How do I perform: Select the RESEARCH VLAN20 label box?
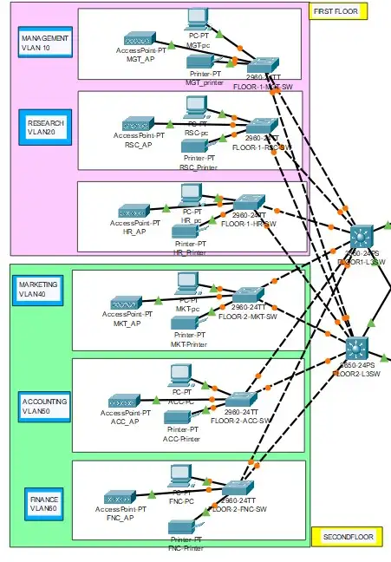[45, 128]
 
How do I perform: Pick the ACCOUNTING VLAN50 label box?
[44, 407]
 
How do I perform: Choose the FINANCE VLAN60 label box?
[44, 505]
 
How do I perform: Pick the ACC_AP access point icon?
[125, 401]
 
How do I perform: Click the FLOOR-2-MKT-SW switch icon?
[248, 296]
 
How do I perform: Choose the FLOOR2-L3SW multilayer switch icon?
[356, 349]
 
